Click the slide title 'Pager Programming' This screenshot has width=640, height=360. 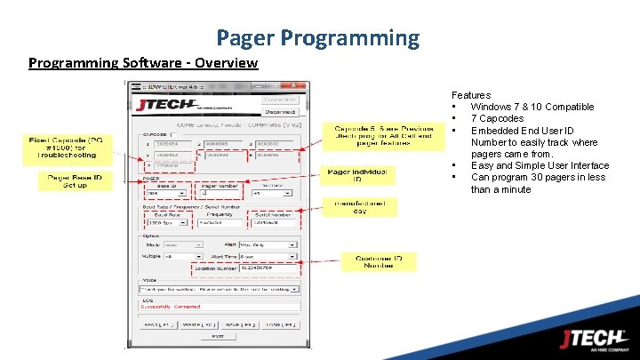(x=317, y=38)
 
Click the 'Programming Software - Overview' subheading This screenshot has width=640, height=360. (x=143, y=63)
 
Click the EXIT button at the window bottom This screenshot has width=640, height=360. (x=217, y=336)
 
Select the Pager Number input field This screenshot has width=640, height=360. (x=219, y=192)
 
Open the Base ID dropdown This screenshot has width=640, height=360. (x=165, y=192)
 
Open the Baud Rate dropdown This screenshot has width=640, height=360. (x=165, y=222)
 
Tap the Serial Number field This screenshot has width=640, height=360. (x=272, y=222)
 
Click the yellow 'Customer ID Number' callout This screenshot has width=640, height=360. (x=378, y=262)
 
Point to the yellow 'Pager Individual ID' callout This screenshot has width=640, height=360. (x=356, y=174)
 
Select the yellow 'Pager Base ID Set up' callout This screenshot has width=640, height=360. (x=75, y=181)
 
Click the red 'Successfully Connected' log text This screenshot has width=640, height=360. (x=174, y=307)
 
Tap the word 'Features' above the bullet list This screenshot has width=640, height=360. (x=470, y=95)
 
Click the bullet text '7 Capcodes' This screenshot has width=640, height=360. (x=497, y=118)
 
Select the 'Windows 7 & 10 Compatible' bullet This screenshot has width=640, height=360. (x=532, y=107)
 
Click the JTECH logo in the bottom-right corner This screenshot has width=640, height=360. (x=593, y=340)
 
